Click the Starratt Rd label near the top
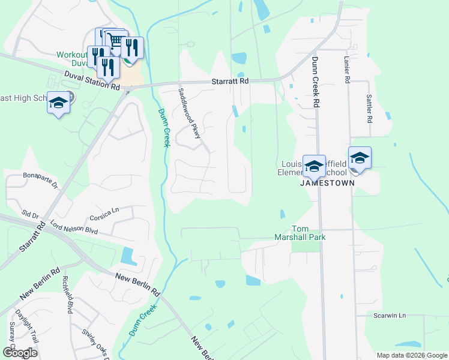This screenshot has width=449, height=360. (x=229, y=81)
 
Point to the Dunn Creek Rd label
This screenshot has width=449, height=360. (x=315, y=83)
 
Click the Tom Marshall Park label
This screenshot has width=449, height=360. (x=308, y=233)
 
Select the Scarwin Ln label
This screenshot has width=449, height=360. (x=390, y=316)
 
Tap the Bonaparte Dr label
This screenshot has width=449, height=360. (x=40, y=178)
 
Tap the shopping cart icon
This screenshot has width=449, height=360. (x=116, y=40)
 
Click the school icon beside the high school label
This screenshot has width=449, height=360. (x=59, y=103)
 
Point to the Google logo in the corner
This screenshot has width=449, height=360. (x=20, y=353)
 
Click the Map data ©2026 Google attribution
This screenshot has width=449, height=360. (x=411, y=355)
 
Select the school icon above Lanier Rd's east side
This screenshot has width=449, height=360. (x=360, y=158)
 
